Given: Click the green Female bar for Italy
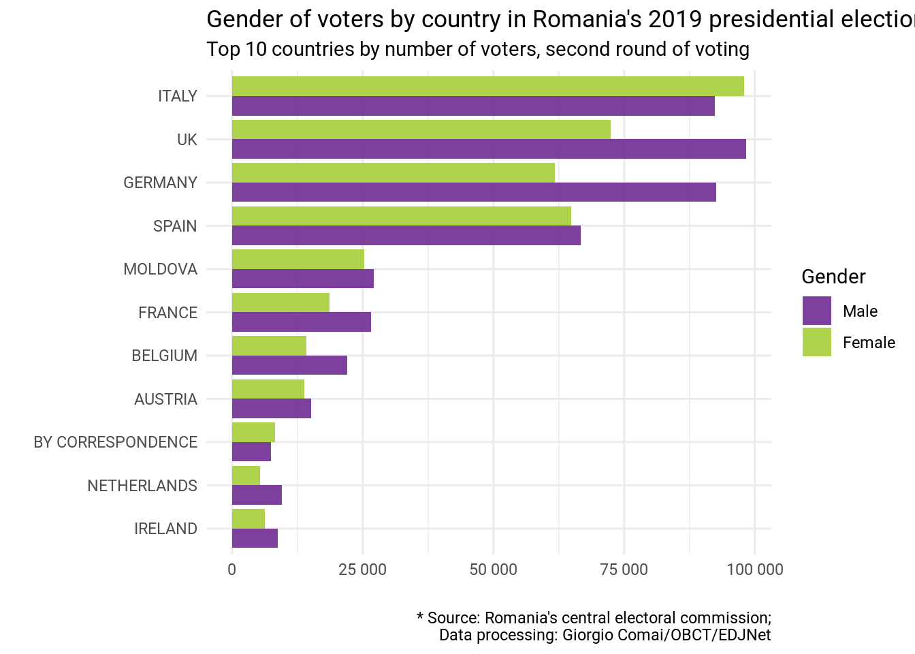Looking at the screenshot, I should (x=487, y=87).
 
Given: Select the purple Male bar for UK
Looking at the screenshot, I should (x=489, y=149).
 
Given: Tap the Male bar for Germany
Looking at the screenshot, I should (x=474, y=192).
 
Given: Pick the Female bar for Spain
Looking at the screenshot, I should (x=402, y=216).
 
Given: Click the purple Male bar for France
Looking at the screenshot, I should (x=302, y=322).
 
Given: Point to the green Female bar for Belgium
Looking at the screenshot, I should (x=269, y=345).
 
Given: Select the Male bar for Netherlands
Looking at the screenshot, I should (x=257, y=495).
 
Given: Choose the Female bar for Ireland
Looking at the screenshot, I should (x=248, y=518).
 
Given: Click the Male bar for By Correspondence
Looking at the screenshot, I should (x=251, y=452).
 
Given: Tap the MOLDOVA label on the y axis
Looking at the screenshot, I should (x=160, y=269).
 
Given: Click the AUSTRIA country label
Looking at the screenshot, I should (x=165, y=399).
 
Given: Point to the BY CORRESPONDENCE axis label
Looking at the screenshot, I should (x=115, y=442).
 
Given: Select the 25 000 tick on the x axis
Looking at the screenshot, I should (x=362, y=570).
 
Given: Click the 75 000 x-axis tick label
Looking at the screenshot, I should (x=624, y=570).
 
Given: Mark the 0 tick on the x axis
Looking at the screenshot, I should (x=232, y=570).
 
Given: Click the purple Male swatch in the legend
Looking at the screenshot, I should (x=816, y=311).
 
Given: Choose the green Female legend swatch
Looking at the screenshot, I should (x=816, y=342).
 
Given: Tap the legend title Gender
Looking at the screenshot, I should (x=833, y=277).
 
